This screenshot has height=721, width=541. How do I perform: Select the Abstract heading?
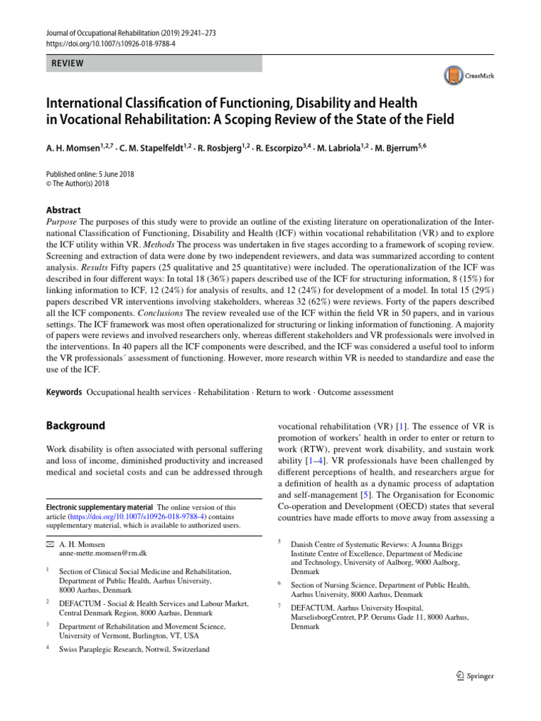coord(63,210)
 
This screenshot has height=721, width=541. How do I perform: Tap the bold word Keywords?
coord(63,391)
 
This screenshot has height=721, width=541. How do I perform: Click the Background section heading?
coord(75,426)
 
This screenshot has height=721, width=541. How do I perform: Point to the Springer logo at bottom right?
coord(471,676)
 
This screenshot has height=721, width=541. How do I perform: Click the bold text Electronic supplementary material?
coord(99,506)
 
